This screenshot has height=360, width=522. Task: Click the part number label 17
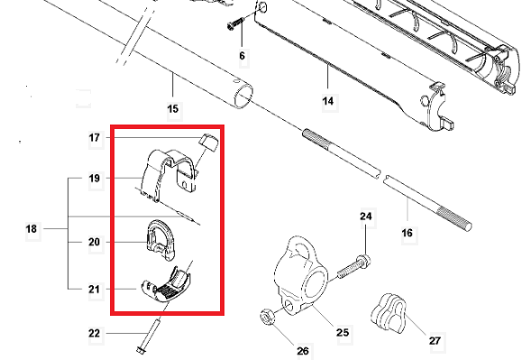[95, 137]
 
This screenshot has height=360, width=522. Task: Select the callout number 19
[95, 178]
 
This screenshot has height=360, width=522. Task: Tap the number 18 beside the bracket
[32, 229]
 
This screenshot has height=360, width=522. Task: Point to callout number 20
[95, 242]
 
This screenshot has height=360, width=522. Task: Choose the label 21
[95, 289]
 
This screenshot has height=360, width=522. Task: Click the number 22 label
[95, 333]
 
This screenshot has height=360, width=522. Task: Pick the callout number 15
[173, 109]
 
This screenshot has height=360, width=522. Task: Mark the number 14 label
[328, 100]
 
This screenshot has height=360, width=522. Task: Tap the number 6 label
[242, 56]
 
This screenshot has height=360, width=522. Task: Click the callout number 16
[407, 233]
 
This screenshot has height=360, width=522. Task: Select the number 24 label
[365, 217]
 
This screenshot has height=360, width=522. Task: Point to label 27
[435, 341]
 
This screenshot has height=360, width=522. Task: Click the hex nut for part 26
[267, 317]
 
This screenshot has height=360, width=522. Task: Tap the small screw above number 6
[236, 23]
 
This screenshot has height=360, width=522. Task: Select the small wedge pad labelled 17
[209, 143]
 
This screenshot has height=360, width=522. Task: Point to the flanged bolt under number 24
[354, 267]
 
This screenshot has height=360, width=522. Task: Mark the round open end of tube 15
[243, 96]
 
